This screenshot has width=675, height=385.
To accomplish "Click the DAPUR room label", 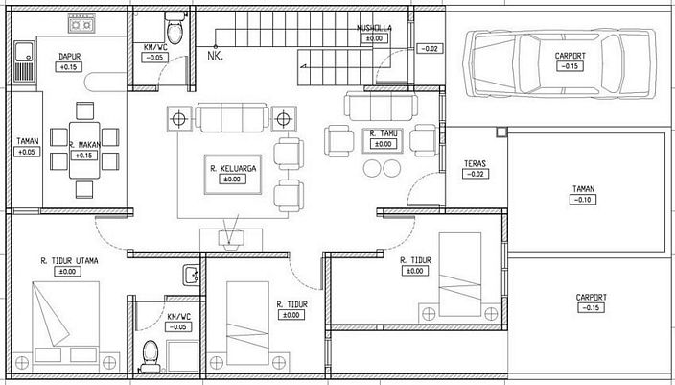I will [68, 56].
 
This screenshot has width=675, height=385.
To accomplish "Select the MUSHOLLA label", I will [373, 28].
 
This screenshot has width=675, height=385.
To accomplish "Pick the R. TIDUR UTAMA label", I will [71, 259].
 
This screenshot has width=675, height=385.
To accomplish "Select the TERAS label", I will [475, 163].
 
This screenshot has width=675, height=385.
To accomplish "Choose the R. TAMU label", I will [384, 133].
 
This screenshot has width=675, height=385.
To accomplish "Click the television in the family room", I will [230, 235].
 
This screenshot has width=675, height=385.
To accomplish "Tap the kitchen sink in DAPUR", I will [24, 61].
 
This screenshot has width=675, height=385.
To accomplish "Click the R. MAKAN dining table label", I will [84, 145].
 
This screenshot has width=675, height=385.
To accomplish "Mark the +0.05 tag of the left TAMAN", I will [26, 152].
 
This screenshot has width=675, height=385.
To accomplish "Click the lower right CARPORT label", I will [592, 297].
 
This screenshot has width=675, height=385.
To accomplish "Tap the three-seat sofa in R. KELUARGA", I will [230, 118].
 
